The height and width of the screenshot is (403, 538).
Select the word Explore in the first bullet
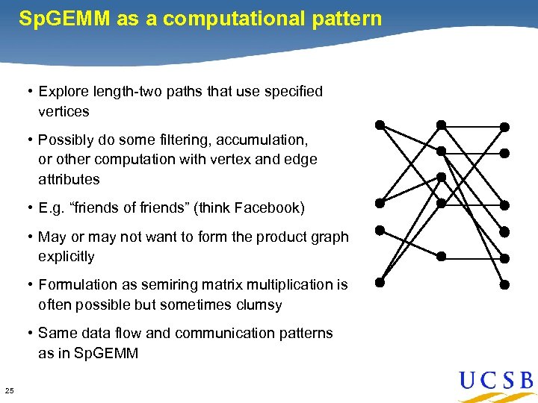pos(63,92)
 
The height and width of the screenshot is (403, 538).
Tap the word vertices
pos(64,112)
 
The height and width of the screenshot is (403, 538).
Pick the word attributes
pos(69,180)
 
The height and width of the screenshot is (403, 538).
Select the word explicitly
pos(67,257)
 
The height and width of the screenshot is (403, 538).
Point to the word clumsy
pos(259,305)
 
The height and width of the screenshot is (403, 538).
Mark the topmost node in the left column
pos(380,125)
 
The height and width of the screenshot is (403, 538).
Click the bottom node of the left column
pos(380,283)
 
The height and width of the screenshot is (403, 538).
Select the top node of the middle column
pos(442,125)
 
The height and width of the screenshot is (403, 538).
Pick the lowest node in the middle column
pos(442,256)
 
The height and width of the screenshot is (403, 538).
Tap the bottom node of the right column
pos(504,284)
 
